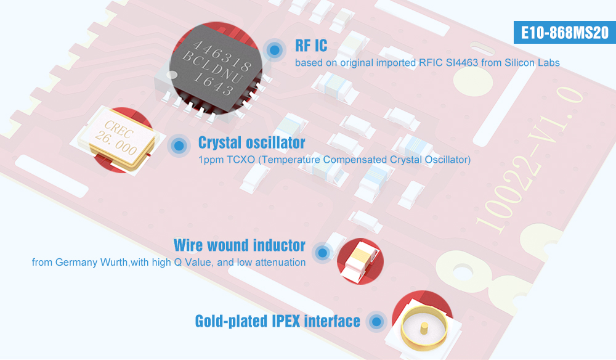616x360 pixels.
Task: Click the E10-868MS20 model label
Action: (x=564, y=32)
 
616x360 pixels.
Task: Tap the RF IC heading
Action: (x=311, y=46)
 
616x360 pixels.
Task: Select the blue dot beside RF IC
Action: (x=275, y=50)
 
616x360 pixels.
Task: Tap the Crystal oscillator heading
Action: (x=251, y=142)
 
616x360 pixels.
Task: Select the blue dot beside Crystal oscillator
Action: (x=179, y=146)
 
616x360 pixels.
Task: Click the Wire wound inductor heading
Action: (x=239, y=245)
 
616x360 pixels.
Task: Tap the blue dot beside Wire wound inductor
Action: (x=323, y=252)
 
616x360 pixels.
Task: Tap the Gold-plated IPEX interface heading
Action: (x=277, y=321)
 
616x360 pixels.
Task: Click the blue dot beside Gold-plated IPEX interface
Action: (x=377, y=322)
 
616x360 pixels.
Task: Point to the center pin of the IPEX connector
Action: (x=424, y=328)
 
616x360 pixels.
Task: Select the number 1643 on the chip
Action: (x=214, y=84)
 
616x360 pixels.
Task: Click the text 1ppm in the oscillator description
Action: (x=210, y=160)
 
